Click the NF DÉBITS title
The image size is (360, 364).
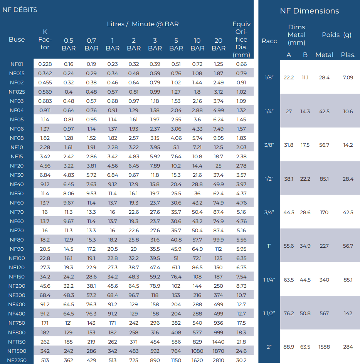[20, 10]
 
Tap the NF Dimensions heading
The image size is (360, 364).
[310, 11]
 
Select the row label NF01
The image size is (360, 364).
[17, 64]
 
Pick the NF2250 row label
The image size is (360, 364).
[17, 360]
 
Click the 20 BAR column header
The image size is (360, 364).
[219, 44]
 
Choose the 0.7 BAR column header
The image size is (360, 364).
[91, 44]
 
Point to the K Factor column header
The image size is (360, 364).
[45, 39]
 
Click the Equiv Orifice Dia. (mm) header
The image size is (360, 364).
[242, 39]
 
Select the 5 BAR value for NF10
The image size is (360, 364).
[176, 148]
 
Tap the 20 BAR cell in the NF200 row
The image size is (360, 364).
[218, 286]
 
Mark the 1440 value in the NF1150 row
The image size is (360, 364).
[218, 342]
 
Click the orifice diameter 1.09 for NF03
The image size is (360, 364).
[241, 101]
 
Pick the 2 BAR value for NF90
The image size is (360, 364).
[134, 249]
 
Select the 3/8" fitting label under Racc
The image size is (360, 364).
[269, 145]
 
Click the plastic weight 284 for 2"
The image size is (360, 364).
[348, 347]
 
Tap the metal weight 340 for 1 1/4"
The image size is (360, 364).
[324, 280]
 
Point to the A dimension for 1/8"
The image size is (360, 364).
[289, 77]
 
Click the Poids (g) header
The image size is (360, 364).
[336, 35]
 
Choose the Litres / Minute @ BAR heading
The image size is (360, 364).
[143, 24]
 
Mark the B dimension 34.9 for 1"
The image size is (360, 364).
[305, 246]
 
